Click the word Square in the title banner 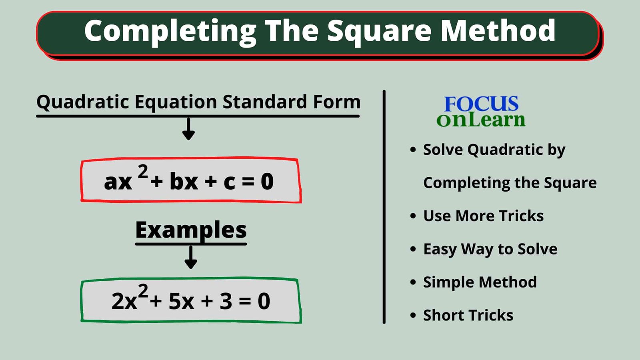pos(380,31)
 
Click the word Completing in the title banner pos(170,31)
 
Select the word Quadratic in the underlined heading pos(83,102)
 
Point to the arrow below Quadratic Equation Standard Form pos(188,129)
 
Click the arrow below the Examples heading pos(191,257)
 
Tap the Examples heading pos(191,230)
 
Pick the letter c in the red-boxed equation pos(229,182)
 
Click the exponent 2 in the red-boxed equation pos(143,172)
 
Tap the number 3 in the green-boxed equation pos(226,301)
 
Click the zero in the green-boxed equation pos(264,301)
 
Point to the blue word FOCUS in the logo pos(481,104)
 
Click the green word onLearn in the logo pos(480,120)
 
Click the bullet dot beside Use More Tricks pos(413,216)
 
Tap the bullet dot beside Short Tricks pos(413,315)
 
